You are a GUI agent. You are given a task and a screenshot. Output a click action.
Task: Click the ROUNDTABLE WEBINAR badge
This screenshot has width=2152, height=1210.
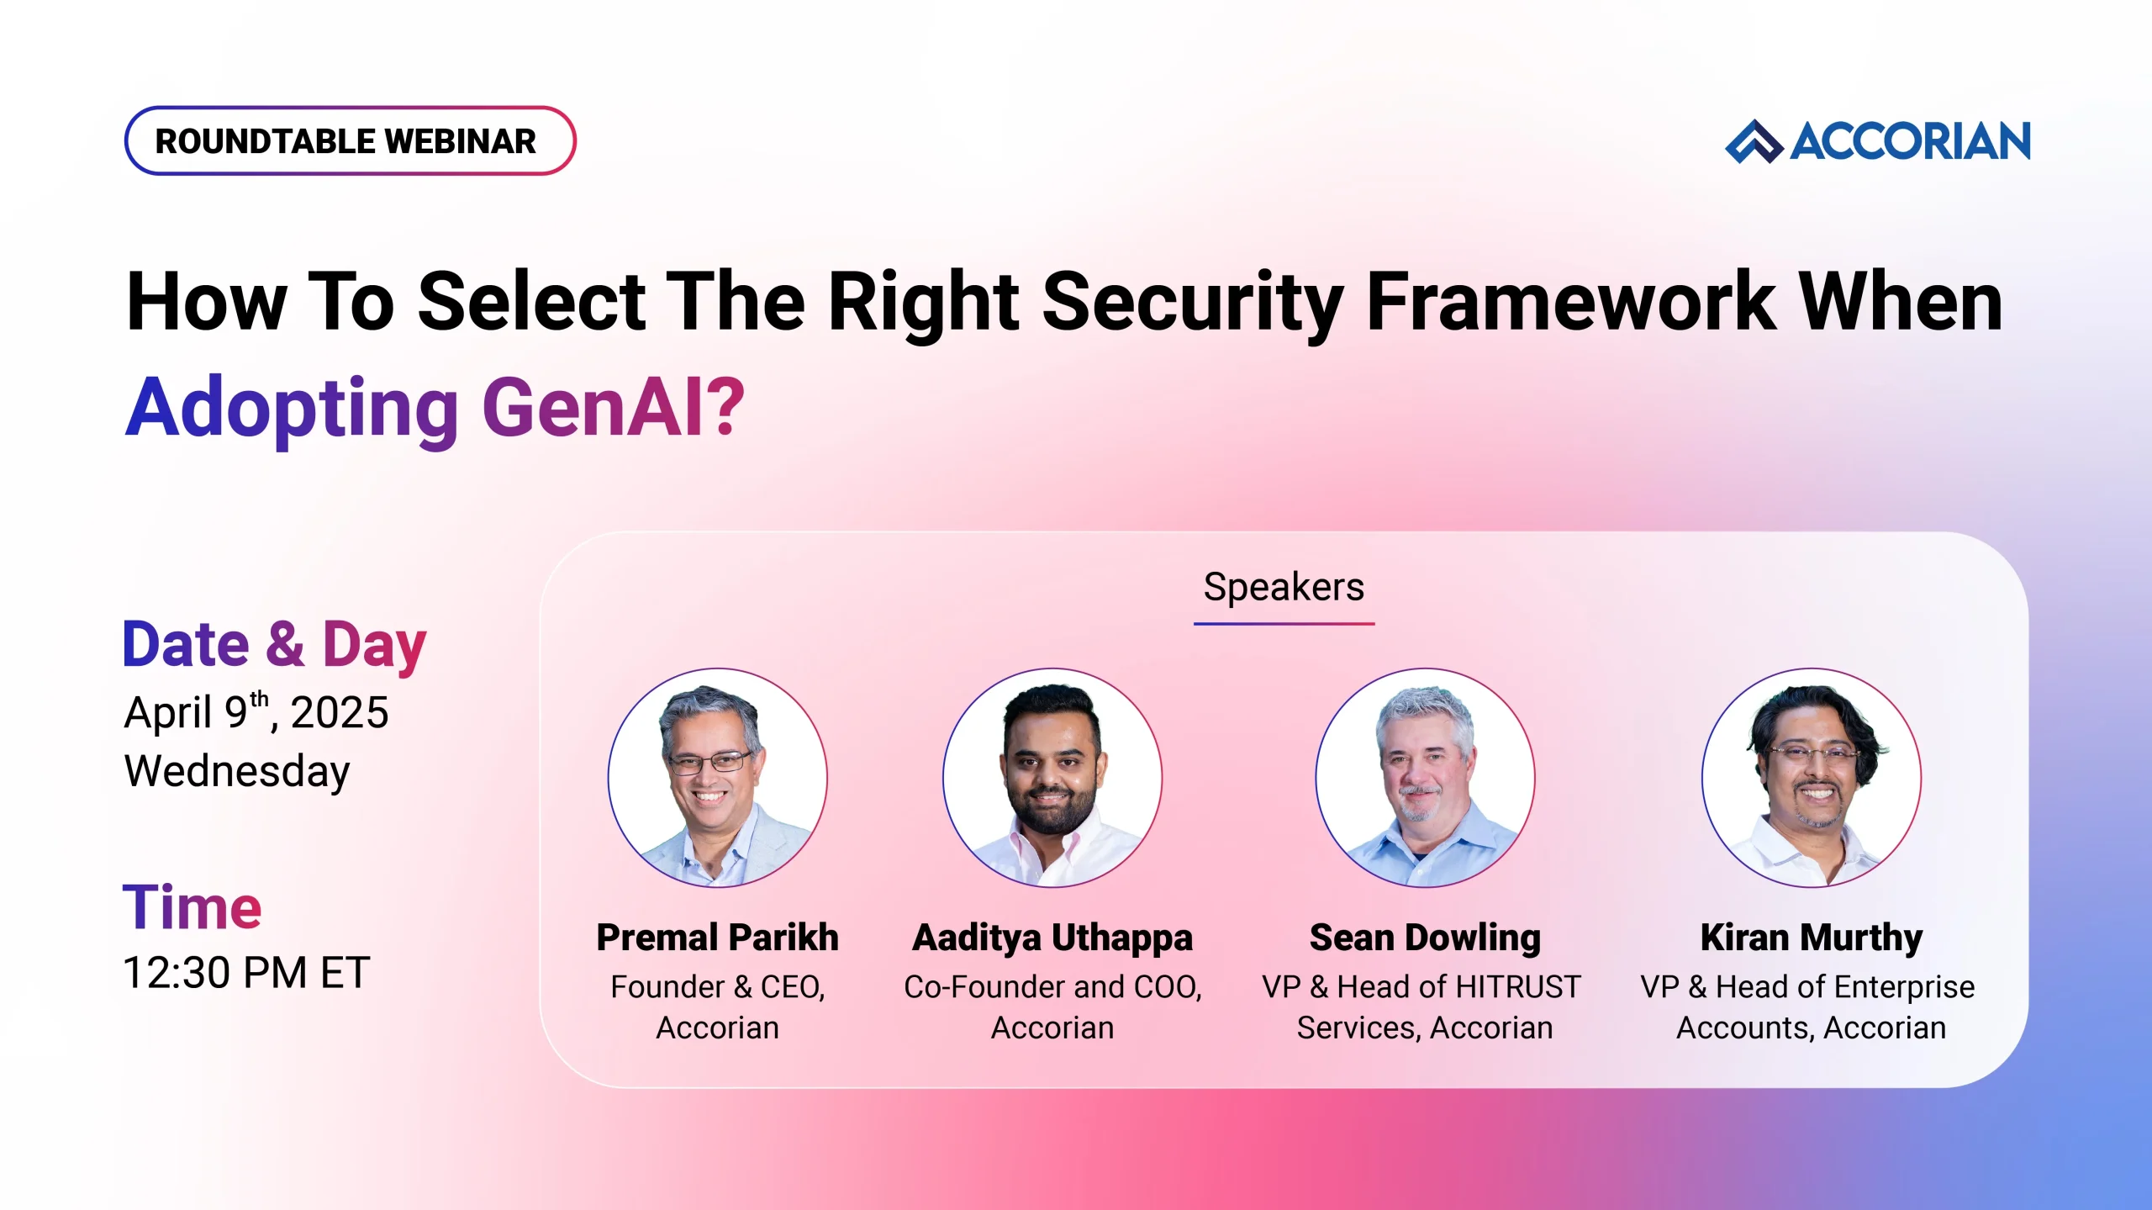(x=350, y=141)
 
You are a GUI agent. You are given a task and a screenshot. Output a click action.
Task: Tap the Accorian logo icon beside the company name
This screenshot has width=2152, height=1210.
(x=1753, y=141)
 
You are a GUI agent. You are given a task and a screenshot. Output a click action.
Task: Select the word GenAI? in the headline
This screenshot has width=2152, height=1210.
(x=614, y=408)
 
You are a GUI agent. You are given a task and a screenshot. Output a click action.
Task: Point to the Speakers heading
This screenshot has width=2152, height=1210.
(x=1283, y=587)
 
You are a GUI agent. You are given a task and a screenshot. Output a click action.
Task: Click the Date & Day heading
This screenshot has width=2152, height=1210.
(x=274, y=645)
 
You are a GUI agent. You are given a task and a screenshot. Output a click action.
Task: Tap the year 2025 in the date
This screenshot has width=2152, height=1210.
(x=339, y=713)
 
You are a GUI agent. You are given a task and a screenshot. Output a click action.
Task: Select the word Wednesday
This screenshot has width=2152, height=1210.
(x=237, y=771)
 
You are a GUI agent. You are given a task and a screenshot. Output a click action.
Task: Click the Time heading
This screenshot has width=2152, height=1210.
(x=192, y=907)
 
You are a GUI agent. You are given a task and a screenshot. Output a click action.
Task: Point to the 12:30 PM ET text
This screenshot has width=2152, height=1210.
(x=245, y=973)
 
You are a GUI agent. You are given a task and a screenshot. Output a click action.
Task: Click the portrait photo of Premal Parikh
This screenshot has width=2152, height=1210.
(x=717, y=778)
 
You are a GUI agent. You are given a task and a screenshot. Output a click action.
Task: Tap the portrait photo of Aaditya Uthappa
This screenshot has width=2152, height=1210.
(x=1052, y=778)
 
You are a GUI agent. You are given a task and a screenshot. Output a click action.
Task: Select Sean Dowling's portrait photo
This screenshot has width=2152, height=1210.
(x=1424, y=778)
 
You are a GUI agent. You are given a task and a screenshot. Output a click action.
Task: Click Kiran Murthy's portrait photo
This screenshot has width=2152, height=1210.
(x=1811, y=778)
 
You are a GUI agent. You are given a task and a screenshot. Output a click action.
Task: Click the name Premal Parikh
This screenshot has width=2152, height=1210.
(x=717, y=938)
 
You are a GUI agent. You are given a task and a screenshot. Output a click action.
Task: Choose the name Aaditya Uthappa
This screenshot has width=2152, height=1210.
(x=1052, y=938)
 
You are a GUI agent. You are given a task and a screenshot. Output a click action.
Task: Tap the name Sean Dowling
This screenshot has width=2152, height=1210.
(x=1424, y=938)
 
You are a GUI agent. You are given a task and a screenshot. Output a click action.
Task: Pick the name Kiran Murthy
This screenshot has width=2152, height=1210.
(x=1811, y=938)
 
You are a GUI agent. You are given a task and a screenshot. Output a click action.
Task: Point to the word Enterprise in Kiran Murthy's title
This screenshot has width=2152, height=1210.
(x=1904, y=987)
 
